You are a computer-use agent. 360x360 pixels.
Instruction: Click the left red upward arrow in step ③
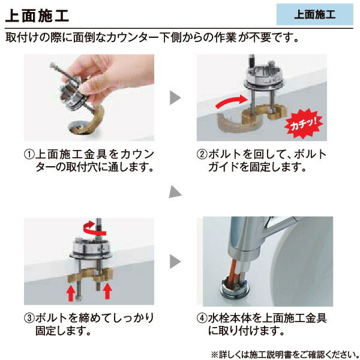tap(70, 293)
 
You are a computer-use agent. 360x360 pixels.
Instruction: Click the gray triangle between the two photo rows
tap(174, 192)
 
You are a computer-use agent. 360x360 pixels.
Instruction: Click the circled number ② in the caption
tap(202, 155)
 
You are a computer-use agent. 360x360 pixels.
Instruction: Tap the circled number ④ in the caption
tap(202, 317)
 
